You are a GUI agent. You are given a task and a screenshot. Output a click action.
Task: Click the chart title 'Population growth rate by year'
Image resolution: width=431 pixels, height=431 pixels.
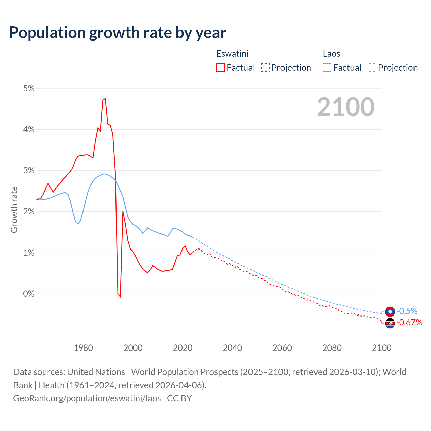[118, 33]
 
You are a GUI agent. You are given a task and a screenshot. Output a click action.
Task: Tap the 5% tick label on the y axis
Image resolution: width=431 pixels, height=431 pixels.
[29, 89]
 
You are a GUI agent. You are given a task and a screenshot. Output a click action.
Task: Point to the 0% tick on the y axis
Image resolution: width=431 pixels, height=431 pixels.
[29, 294]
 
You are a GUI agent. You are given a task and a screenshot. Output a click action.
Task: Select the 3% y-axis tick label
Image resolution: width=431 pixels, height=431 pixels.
[29, 171]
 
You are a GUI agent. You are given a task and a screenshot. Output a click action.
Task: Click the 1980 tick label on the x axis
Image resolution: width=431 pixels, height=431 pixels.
[83, 348]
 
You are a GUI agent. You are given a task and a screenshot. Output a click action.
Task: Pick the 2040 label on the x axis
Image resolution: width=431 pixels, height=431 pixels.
[232, 348]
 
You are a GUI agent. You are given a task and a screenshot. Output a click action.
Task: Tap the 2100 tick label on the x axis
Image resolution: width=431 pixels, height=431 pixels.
[382, 348]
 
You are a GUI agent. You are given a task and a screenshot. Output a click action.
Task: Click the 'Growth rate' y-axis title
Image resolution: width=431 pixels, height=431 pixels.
[14, 209]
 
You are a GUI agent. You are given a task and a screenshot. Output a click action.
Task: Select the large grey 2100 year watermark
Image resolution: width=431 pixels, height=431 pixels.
[345, 107]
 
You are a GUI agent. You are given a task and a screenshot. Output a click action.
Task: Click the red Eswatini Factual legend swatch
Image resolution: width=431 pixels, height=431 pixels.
[220, 68]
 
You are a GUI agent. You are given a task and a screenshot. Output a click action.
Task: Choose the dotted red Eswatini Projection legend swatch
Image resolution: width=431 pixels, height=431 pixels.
[265, 68]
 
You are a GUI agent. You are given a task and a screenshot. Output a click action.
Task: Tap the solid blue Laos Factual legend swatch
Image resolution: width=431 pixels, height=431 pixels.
[327, 68]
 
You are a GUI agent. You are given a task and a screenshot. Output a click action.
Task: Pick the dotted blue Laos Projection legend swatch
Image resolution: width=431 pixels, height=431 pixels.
[372, 68]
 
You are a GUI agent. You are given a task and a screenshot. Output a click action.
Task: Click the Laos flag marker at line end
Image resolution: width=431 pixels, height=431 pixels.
[390, 311]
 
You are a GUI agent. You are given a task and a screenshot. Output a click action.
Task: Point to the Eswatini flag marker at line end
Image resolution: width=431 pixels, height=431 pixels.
[390, 323]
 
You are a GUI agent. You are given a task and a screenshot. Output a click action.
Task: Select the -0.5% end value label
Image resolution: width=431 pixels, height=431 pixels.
[407, 311]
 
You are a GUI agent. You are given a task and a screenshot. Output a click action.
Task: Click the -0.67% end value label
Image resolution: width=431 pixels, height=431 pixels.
[409, 323]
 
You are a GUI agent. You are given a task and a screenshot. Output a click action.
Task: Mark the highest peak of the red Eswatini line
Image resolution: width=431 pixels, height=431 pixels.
[105, 99]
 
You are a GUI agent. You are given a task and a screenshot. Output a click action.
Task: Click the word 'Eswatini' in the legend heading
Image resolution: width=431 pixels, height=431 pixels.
[232, 54]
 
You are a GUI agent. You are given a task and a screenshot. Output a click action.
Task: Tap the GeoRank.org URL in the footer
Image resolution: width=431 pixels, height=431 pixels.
[87, 398]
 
